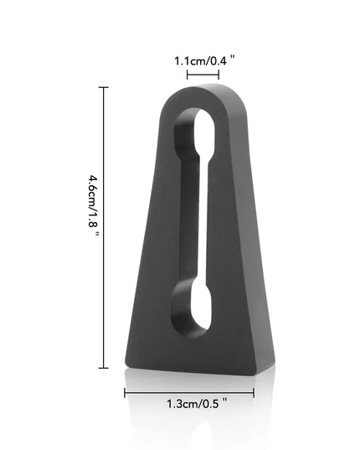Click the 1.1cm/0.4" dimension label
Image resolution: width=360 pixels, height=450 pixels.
[204, 61]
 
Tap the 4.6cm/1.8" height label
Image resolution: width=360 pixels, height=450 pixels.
[93, 205]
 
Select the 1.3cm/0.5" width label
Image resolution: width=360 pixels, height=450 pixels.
[197, 404]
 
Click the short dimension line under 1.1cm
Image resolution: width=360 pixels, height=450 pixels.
[203, 75]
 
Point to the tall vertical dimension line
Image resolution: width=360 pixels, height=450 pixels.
[104, 227]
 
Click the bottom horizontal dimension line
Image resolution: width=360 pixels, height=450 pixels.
[189, 392]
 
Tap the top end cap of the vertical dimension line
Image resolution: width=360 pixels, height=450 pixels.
[104, 87]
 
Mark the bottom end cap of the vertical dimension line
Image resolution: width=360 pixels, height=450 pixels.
[104, 368]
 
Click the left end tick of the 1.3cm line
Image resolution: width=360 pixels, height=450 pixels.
[125, 392]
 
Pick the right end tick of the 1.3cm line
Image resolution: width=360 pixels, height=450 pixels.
[254, 392]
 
